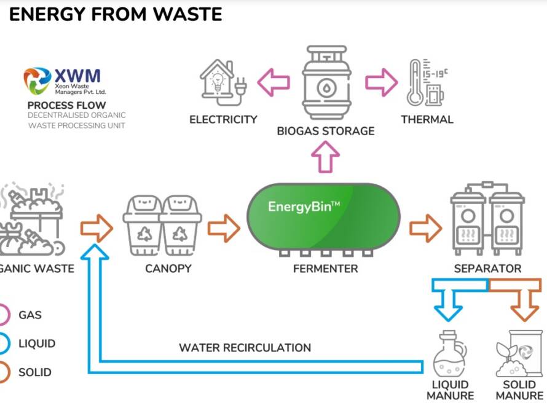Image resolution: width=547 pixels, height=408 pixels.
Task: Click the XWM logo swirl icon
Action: [37, 80]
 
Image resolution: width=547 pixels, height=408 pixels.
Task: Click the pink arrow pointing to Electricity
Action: [274, 82]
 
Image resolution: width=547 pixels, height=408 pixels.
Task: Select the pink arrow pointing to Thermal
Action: [382, 82]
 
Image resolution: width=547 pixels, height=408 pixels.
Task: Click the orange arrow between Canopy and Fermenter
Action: [224, 228]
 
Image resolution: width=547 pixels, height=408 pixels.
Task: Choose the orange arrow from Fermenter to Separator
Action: [425, 228]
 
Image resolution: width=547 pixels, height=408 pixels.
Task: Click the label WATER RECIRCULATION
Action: [245, 348]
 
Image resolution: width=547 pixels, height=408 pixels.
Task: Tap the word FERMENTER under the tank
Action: [325, 269]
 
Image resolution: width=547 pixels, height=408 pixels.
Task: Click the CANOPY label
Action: [168, 269]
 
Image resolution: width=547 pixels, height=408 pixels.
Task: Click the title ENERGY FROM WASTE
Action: [116, 14]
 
